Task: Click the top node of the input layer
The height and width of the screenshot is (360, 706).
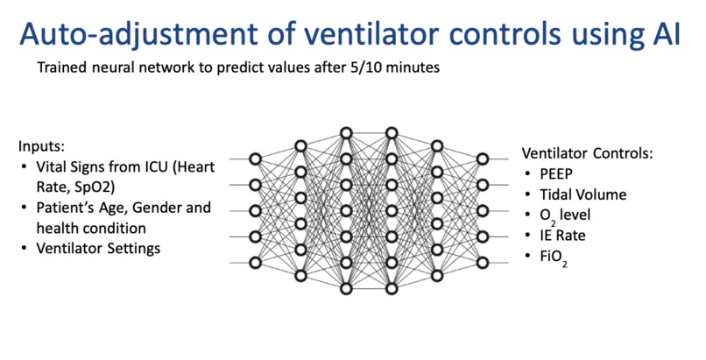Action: [x=255, y=159]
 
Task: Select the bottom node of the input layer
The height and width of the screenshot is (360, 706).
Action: [x=255, y=262]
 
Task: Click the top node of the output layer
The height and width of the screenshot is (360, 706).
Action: [x=481, y=159]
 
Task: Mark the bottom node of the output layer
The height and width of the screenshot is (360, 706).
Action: [x=481, y=262]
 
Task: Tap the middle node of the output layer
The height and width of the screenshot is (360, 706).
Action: [x=481, y=210]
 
